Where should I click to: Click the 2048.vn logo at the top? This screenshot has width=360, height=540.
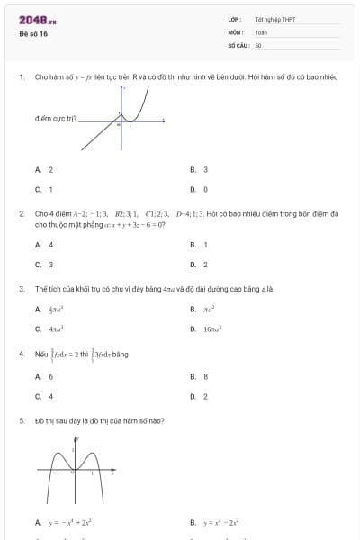click(38, 20)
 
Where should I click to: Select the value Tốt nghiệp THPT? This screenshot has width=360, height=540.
click(274, 19)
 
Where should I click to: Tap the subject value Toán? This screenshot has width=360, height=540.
click(261, 31)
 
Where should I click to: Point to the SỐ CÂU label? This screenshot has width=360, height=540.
click(238, 44)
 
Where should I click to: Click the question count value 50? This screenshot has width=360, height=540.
click(258, 44)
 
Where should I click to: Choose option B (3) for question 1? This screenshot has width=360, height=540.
click(200, 169)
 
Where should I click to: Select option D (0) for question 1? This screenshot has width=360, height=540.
click(200, 190)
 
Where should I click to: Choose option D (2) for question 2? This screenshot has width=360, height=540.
click(200, 265)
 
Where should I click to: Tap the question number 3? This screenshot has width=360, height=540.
click(21, 289)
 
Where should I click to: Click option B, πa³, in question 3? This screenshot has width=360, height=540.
click(206, 310)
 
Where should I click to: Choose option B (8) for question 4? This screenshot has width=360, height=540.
click(200, 375)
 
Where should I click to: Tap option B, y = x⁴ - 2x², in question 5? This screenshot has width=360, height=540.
click(216, 522)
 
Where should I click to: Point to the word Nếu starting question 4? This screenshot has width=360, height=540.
click(40, 355)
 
